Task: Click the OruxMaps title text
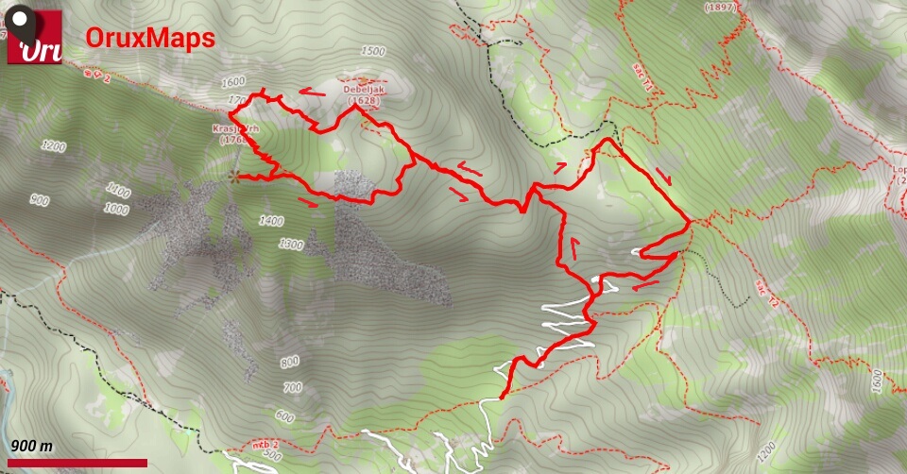[150, 38]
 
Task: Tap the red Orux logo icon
[35, 38]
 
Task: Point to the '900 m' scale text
[32, 446]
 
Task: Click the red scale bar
[76, 462]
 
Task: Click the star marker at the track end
[234, 176]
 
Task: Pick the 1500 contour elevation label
[373, 51]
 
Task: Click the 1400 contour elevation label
[270, 220]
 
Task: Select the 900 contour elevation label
[39, 199]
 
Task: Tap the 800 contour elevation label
[289, 362]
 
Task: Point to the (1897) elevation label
[720, 8]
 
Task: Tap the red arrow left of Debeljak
[313, 93]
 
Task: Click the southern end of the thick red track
[500, 397]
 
